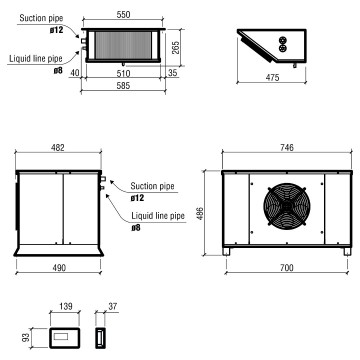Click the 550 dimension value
[120, 17]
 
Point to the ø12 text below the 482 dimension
[138, 197]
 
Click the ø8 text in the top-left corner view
[28, 71]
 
